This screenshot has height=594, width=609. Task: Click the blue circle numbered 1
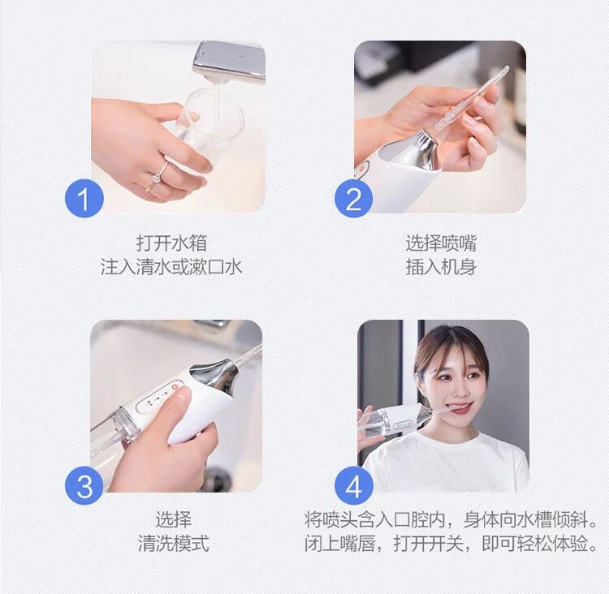coord(84,198)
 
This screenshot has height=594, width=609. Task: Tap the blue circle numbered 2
coord(353,198)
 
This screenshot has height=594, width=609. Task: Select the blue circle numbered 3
coord(84,485)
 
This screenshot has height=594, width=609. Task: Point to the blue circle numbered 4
coord(353,485)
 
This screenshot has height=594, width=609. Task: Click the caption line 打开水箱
coord(171,243)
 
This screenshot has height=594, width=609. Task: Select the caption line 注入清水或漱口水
coord(171,267)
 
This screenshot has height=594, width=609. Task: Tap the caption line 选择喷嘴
coord(441,243)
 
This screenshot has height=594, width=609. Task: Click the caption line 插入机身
coord(441,267)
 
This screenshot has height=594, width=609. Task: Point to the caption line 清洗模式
coord(173,543)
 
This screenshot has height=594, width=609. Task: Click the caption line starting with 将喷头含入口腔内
coord(451,519)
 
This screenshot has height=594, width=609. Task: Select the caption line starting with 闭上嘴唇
coord(451,543)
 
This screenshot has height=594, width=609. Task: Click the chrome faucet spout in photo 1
coord(229,62)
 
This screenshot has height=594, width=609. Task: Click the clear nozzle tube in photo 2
coord(472,100)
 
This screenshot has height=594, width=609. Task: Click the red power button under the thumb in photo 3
coord(176,387)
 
